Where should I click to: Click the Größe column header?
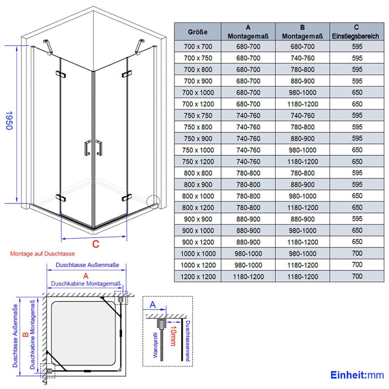198,32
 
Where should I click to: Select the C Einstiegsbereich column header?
357,32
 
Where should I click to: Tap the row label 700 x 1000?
198,93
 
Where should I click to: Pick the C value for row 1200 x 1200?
357,276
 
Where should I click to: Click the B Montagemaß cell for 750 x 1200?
302,162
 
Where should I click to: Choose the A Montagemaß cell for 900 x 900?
248,219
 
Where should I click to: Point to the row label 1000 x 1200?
198,265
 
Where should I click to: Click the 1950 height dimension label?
9,120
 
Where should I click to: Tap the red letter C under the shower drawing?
96,244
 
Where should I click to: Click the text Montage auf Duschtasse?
42,254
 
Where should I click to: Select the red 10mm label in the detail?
173,336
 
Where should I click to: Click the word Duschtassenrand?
188,341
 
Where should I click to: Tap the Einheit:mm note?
357,375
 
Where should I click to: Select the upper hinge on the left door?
61,74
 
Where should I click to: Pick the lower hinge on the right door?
127,198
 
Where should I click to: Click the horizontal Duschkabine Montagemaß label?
86,284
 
